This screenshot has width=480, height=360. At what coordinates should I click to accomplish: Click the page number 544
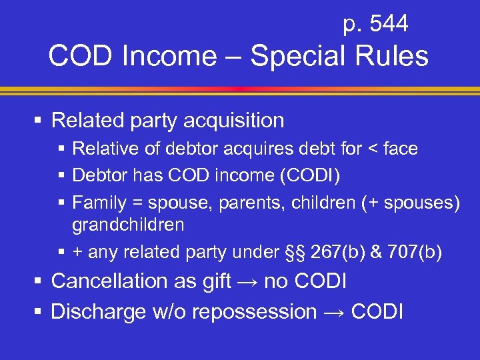pos(389,25)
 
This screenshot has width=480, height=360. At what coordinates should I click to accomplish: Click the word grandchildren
pos(128,225)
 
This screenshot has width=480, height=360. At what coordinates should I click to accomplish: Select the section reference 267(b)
pos(327,252)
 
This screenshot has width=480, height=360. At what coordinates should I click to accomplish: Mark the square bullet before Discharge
pos(39,311)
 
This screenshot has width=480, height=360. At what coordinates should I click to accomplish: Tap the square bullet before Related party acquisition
pos(39,121)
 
